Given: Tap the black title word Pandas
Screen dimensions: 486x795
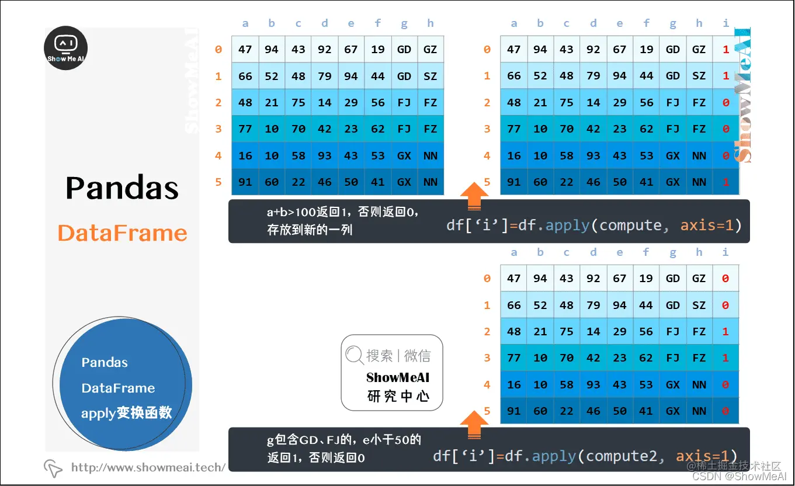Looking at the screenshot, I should pos(122,188).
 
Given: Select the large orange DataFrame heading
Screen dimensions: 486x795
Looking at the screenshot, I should pos(123,233).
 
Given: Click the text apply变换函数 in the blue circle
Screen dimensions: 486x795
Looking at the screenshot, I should pos(127,413).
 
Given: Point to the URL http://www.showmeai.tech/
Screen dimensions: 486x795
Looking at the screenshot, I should pos(148,467).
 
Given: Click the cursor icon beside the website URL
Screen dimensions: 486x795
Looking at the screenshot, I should pos(53,468).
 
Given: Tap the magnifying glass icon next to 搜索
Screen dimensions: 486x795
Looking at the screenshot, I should pos(354,355).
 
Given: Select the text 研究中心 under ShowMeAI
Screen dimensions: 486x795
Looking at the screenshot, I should pos(398,396).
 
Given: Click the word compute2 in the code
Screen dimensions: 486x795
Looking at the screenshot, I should pos(624,456).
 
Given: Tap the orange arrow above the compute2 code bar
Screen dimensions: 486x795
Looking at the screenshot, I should pos(475,425).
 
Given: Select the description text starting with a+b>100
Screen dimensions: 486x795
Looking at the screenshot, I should pos(343,213).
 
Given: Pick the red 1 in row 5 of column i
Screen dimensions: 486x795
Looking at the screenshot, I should pos(726,182).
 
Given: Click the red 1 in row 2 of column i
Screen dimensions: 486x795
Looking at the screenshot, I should pos(725,331).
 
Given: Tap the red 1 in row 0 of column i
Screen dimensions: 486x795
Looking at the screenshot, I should pos(726,50).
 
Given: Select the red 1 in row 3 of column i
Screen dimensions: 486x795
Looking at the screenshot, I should pos(725,357).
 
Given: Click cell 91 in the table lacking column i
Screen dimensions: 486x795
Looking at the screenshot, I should pos(245,182).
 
